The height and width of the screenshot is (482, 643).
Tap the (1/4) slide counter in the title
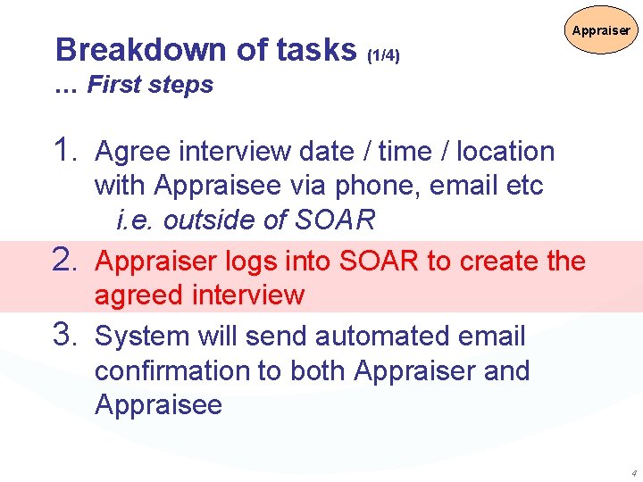pyautogui.click(x=383, y=56)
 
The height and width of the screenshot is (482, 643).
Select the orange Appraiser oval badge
pyautogui.click(x=601, y=30)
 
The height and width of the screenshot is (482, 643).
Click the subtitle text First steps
pyautogui.click(x=150, y=85)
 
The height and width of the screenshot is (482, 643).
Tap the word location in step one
pyautogui.click(x=505, y=152)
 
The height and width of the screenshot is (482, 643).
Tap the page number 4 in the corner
pyautogui.click(x=633, y=472)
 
